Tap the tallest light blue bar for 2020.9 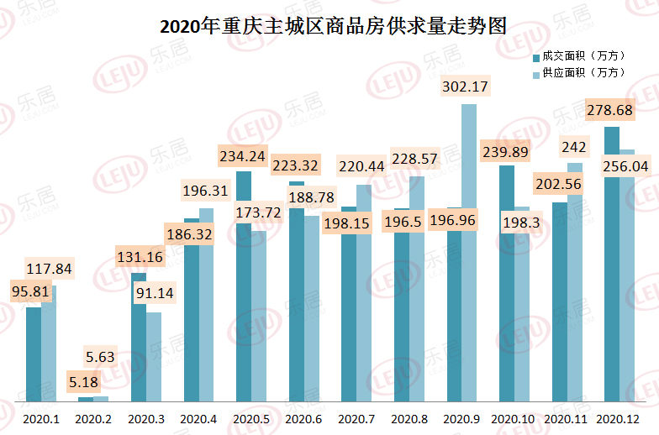click(x=468, y=252)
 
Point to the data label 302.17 click(x=465, y=86)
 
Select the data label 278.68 click(x=612, y=110)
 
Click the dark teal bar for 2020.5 click(x=244, y=286)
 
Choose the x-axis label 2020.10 click(x=513, y=417)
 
